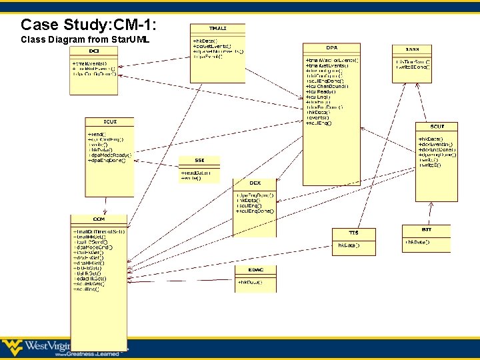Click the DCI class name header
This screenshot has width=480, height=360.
[x=93, y=51]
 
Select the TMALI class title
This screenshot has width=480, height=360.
[x=217, y=28]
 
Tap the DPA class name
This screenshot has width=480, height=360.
[x=331, y=48]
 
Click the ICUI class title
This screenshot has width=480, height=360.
[x=109, y=121]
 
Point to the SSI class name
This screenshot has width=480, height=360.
[x=199, y=160]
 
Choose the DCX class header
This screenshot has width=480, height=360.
[x=254, y=183]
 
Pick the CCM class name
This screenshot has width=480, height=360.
[x=98, y=219]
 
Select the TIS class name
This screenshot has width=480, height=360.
[x=353, y=233]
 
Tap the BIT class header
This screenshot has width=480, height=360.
[x=426, y=229]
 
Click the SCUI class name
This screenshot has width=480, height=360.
[x=437, y=126]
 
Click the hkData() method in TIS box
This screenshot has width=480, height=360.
[x=348, y=245]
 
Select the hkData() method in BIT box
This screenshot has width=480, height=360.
[x=418, y=241]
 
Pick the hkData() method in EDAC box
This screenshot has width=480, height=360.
[x=249, y=282]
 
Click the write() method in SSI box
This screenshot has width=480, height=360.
[x=192, y=178]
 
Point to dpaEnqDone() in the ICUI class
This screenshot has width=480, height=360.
[x=109, y=161]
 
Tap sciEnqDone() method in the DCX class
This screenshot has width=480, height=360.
[x=255, y=211]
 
